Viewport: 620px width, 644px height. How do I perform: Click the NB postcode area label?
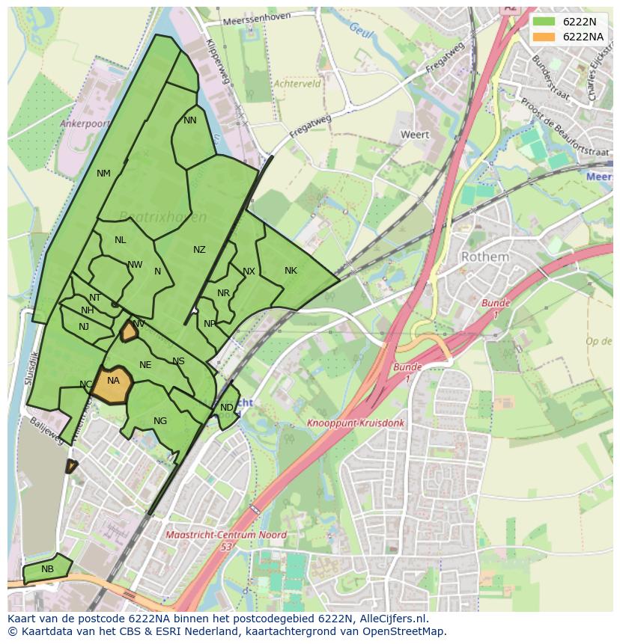tap(47, 569)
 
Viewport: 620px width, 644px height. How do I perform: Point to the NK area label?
tap(291, 271)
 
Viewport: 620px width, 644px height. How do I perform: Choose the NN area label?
tap(190, 120)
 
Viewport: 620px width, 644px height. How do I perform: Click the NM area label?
tap(103, 174)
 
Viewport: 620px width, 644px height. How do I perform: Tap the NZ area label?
tap(199, 250)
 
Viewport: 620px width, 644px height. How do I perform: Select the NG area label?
tap(160, 421)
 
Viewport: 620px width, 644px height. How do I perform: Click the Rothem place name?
tap(484, 257)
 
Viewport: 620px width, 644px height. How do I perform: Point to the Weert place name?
tap(415, 135)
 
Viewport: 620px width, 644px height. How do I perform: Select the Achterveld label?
tap(297, 85)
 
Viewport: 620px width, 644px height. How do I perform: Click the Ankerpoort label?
tap(85, 124)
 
